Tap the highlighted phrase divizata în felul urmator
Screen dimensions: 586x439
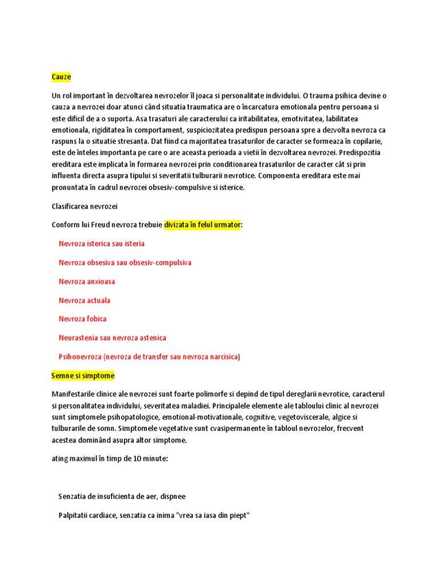[x=202, y=225]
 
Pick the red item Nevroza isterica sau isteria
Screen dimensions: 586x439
[x=101, y=244]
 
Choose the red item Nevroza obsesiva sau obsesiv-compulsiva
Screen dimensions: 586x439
[x=125, y=263]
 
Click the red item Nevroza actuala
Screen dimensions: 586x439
[x=85, y=300]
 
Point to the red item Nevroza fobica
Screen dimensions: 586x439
[x=82, y=319]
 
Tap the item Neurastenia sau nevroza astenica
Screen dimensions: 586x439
[x=112, y=338]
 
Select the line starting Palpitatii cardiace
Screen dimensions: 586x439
[x=154, y=516]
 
